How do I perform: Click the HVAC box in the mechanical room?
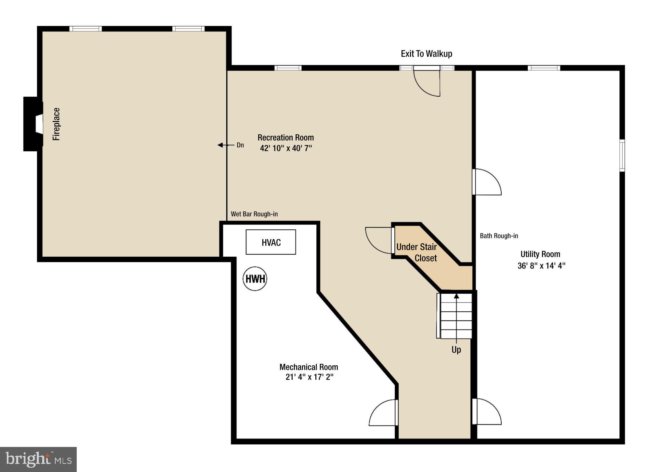pos(271,242)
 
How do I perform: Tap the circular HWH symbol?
pos(255,279)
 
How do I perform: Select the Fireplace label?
pos(57,124)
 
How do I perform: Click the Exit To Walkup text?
pos(426,54)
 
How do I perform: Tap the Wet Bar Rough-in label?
pos(254,214)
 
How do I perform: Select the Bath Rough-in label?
pos(499,236)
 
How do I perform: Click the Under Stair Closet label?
pos(417,252)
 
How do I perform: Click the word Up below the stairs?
pos(456,350)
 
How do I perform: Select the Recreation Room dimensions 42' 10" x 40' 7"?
pos(286,148)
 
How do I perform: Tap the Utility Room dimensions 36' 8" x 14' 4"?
pos(541,266)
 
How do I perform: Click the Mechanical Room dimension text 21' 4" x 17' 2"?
pos(310,377)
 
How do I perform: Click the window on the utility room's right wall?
pos(622,155)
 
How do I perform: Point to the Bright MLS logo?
pos(38,459)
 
